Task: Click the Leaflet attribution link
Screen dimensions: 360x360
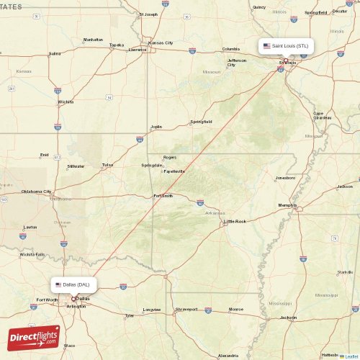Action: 351,356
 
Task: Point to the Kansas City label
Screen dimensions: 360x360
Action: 161,42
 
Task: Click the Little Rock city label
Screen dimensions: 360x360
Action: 235,221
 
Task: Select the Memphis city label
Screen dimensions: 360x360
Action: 287,205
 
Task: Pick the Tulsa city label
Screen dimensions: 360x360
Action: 107,165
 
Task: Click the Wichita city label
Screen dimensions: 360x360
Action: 66,102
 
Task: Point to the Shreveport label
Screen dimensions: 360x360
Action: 186,309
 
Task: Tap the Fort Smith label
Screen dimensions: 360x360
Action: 163,196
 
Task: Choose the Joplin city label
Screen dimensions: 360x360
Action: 156,127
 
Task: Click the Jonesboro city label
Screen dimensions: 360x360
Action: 285,177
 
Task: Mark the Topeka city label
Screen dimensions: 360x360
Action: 116,45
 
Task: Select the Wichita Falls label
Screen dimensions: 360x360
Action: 32,254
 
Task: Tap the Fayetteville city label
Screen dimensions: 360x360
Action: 174,171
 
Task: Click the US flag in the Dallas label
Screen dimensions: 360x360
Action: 58,284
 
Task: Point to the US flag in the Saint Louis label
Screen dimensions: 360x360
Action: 266,45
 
